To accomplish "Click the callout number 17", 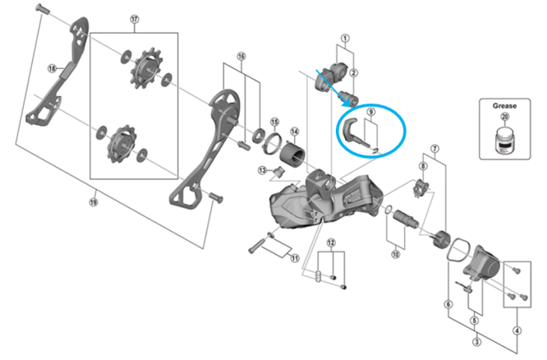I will point(135,20).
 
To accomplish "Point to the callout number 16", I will point(241,57).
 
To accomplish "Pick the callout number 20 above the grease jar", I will point(504,118).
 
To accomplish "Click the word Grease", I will point(503,106).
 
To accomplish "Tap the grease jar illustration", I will point(504,141).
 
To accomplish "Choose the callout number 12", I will point(331,242).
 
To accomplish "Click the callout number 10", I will point(394,256).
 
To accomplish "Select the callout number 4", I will point(516,331).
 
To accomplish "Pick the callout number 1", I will point(345,38).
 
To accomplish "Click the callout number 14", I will point(294,131).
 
